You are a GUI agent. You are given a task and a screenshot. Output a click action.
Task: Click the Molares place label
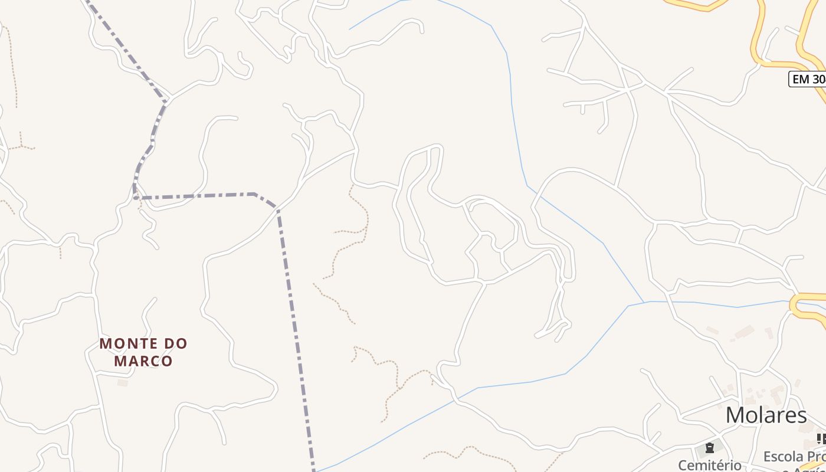click(766, 415)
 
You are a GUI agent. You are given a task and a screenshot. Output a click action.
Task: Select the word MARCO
click(143, 360)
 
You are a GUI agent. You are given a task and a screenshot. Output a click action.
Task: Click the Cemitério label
click(709, 465)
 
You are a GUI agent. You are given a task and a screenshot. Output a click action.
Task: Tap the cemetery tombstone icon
click(710, 448)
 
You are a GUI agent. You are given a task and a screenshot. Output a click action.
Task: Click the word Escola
click(784, 457)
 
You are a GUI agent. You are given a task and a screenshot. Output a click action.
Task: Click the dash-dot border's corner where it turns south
click(277, 209)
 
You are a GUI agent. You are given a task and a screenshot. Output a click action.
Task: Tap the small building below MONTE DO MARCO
click(123, 383)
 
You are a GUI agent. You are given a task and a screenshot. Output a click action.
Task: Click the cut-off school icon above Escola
click(821, 438)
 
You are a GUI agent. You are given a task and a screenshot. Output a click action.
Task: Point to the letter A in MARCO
click(130, 360)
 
